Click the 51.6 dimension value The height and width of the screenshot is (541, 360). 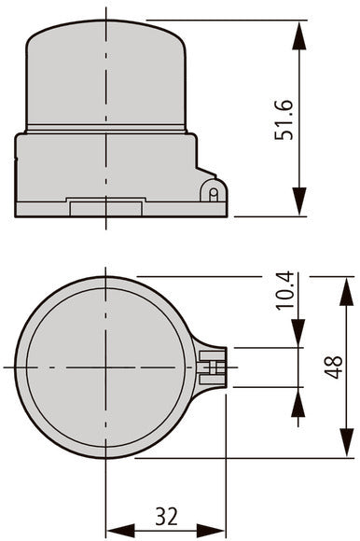pyautogui.click(x=284, y=120)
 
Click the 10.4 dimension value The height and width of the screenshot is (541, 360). pyautogui.click(x=285, y=291)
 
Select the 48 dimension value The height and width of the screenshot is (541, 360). pyautogui.click(x=334, y=368)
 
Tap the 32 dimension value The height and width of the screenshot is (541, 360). pyautogui.click(x=167, y=516)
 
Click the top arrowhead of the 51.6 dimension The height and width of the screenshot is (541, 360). pyautogui.click(x=299, y=35)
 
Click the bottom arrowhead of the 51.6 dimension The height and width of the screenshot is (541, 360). pyautogui.click(x=299, y=201)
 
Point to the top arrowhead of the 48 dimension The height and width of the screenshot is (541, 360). pyautogui.click(x=347, y=292)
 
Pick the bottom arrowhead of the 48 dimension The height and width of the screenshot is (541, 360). pyautogui.click(x=347, y=443)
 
